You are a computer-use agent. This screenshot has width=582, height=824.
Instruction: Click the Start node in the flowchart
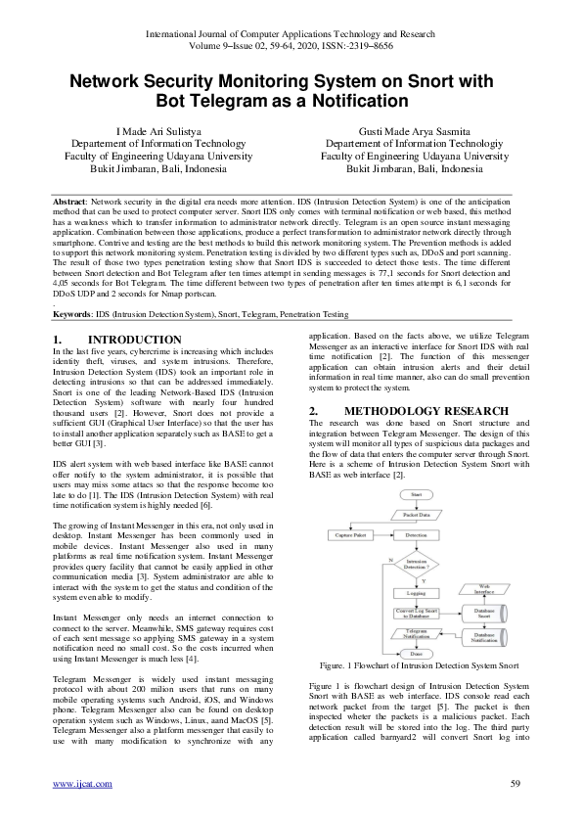point(418,496)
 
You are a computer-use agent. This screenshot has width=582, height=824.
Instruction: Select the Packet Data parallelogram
point(418,515)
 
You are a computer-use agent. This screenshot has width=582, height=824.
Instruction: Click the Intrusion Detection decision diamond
point(418,566)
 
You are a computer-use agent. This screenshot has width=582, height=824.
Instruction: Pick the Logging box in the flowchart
point(418,593)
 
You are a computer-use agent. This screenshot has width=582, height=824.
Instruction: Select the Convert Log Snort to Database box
point(418,613)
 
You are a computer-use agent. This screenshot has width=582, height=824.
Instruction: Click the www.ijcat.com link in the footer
point(81,783)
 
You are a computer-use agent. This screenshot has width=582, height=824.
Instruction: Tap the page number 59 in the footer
point(515,783)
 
